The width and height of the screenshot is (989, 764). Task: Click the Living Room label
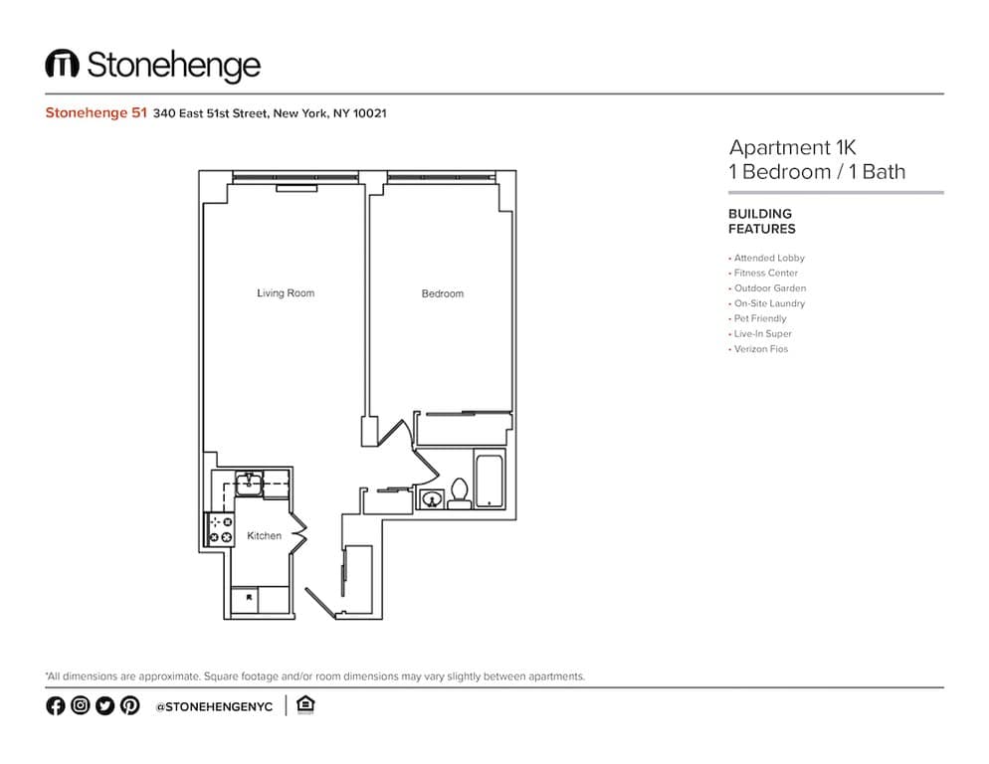pyautogui.click(x=286, y=293)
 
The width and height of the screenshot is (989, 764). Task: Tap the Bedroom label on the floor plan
pyautogui.click(x=442, y=293)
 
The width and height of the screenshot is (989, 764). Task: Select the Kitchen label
pyautogui.click(x=265, y=536)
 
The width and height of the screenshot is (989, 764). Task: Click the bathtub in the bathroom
pyautogui.click(x=491, y=480)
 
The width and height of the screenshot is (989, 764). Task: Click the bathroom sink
pyautogui.click(x=432, y=498)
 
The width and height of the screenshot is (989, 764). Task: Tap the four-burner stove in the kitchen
pyautogui.click(x=220, y=529)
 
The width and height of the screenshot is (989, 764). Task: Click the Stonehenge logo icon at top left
pyautogui.click(x=62, y=65)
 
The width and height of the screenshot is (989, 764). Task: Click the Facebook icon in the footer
pyautogui.click(x=55, y=705)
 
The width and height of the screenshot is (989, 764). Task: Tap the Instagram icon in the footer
pyautogui.click(x=80, y=705)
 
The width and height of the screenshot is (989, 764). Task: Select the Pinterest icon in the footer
pyautogui.click(x=130, y=705)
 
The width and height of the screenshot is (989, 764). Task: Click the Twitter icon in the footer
pyautogui.click(x=104, y=705)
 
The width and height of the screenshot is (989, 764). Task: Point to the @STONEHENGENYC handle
pyautogui.click(x=214, y=706)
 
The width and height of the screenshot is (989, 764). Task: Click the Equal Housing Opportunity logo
pyautogui.click(x=306, y=705)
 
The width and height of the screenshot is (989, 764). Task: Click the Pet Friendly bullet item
pyautogui.click(x=759, y=318)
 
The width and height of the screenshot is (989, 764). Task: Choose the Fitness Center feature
pyautogui.click(x=765, y=273)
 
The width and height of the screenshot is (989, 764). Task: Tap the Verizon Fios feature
pyautogui.click(x=760, y=349)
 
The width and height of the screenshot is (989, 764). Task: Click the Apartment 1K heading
pyautogui.click(x=792, y=147)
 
